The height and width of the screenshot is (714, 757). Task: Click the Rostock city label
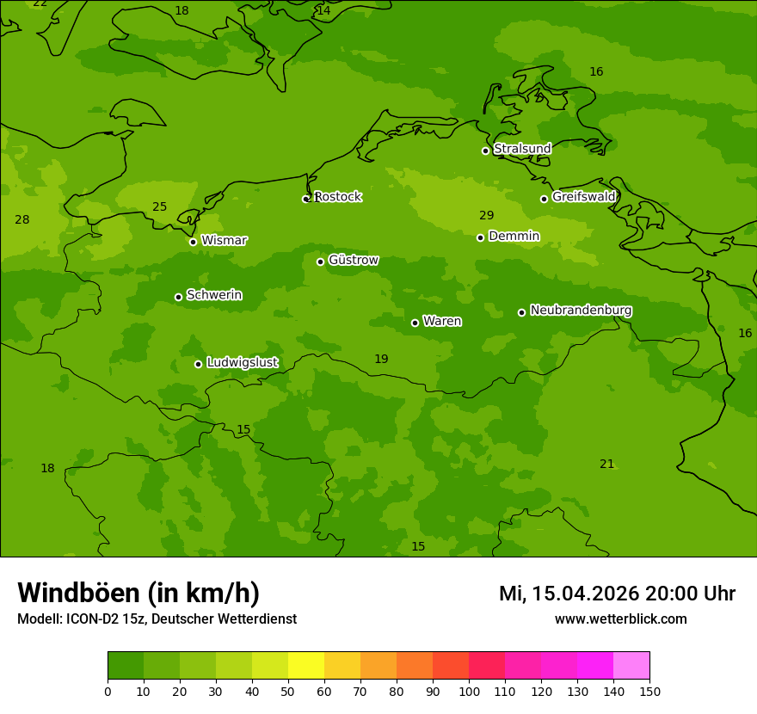point(338,197)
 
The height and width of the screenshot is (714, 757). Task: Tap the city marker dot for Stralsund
point(485,151)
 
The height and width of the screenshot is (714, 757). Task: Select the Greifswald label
point(583,197)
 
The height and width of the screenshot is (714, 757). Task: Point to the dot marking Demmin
point(480,237)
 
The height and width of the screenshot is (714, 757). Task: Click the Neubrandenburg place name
point(581,311)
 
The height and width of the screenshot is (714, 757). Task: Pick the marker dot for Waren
point(415,323)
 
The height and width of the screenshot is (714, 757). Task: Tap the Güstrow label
point(354,260)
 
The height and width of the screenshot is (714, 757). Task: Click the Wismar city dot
point(193,242)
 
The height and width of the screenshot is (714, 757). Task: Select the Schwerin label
point(214,295)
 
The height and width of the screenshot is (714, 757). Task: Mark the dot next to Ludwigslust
point(198,364)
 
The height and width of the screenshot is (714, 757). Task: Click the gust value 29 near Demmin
point(487,216)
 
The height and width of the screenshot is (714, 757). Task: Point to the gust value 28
point(22,220)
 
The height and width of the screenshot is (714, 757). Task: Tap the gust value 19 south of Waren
point(381,360)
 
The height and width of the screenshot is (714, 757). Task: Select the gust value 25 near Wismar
point(160,207)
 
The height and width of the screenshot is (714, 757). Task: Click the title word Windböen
point(78,593)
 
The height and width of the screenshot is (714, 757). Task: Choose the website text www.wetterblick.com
point(620,619)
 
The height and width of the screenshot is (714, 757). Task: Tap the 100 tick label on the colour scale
point(469,691)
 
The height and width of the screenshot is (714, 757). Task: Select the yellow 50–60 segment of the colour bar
point(306,666)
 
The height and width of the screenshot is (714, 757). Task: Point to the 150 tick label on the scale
point(649,691)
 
